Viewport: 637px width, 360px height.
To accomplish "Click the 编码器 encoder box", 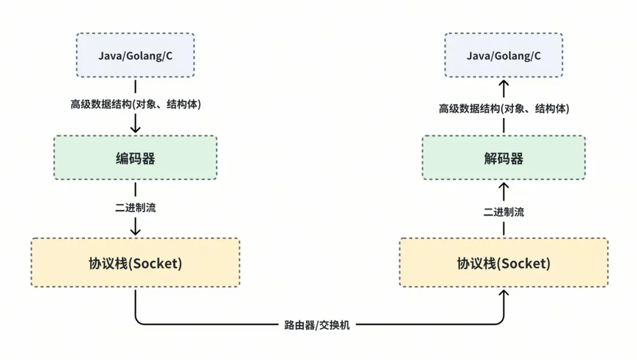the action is pos(135,158).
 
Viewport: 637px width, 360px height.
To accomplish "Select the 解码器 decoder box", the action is pos(504,158).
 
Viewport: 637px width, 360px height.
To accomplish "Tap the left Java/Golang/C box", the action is pos(135,55).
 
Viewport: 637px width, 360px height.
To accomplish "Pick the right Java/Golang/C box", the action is pos(504,55).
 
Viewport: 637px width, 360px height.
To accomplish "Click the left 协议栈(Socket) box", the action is pos(135,263).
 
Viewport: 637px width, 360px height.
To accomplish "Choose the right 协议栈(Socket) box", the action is pos(504,263).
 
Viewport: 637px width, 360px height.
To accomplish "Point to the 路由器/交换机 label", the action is pos(317,325).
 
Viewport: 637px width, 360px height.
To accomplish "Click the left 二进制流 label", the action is pos(135,207).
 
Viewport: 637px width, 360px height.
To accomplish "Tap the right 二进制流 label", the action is pos(504,212).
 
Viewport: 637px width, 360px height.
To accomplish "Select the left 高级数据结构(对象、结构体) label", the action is pos(136,105).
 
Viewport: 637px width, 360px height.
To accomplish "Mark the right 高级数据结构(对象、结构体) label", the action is pos(504,108).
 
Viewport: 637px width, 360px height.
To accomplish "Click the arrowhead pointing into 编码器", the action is pos(135,129).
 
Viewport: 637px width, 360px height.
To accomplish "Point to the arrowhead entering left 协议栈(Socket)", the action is pos(135,232).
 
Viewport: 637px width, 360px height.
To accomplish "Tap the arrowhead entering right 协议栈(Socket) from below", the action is pos(504,294).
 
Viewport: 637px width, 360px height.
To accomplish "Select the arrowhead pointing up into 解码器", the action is pos(504,187).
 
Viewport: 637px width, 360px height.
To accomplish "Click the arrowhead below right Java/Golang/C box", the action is pos(504,84).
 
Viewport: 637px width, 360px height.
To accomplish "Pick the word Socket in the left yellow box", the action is pos(155,263).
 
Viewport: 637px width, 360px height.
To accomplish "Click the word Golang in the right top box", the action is pos(509,56).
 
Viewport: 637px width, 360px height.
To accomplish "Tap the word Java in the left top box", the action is pos(110,55).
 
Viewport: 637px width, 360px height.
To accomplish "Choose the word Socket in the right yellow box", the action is pos(523,263).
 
